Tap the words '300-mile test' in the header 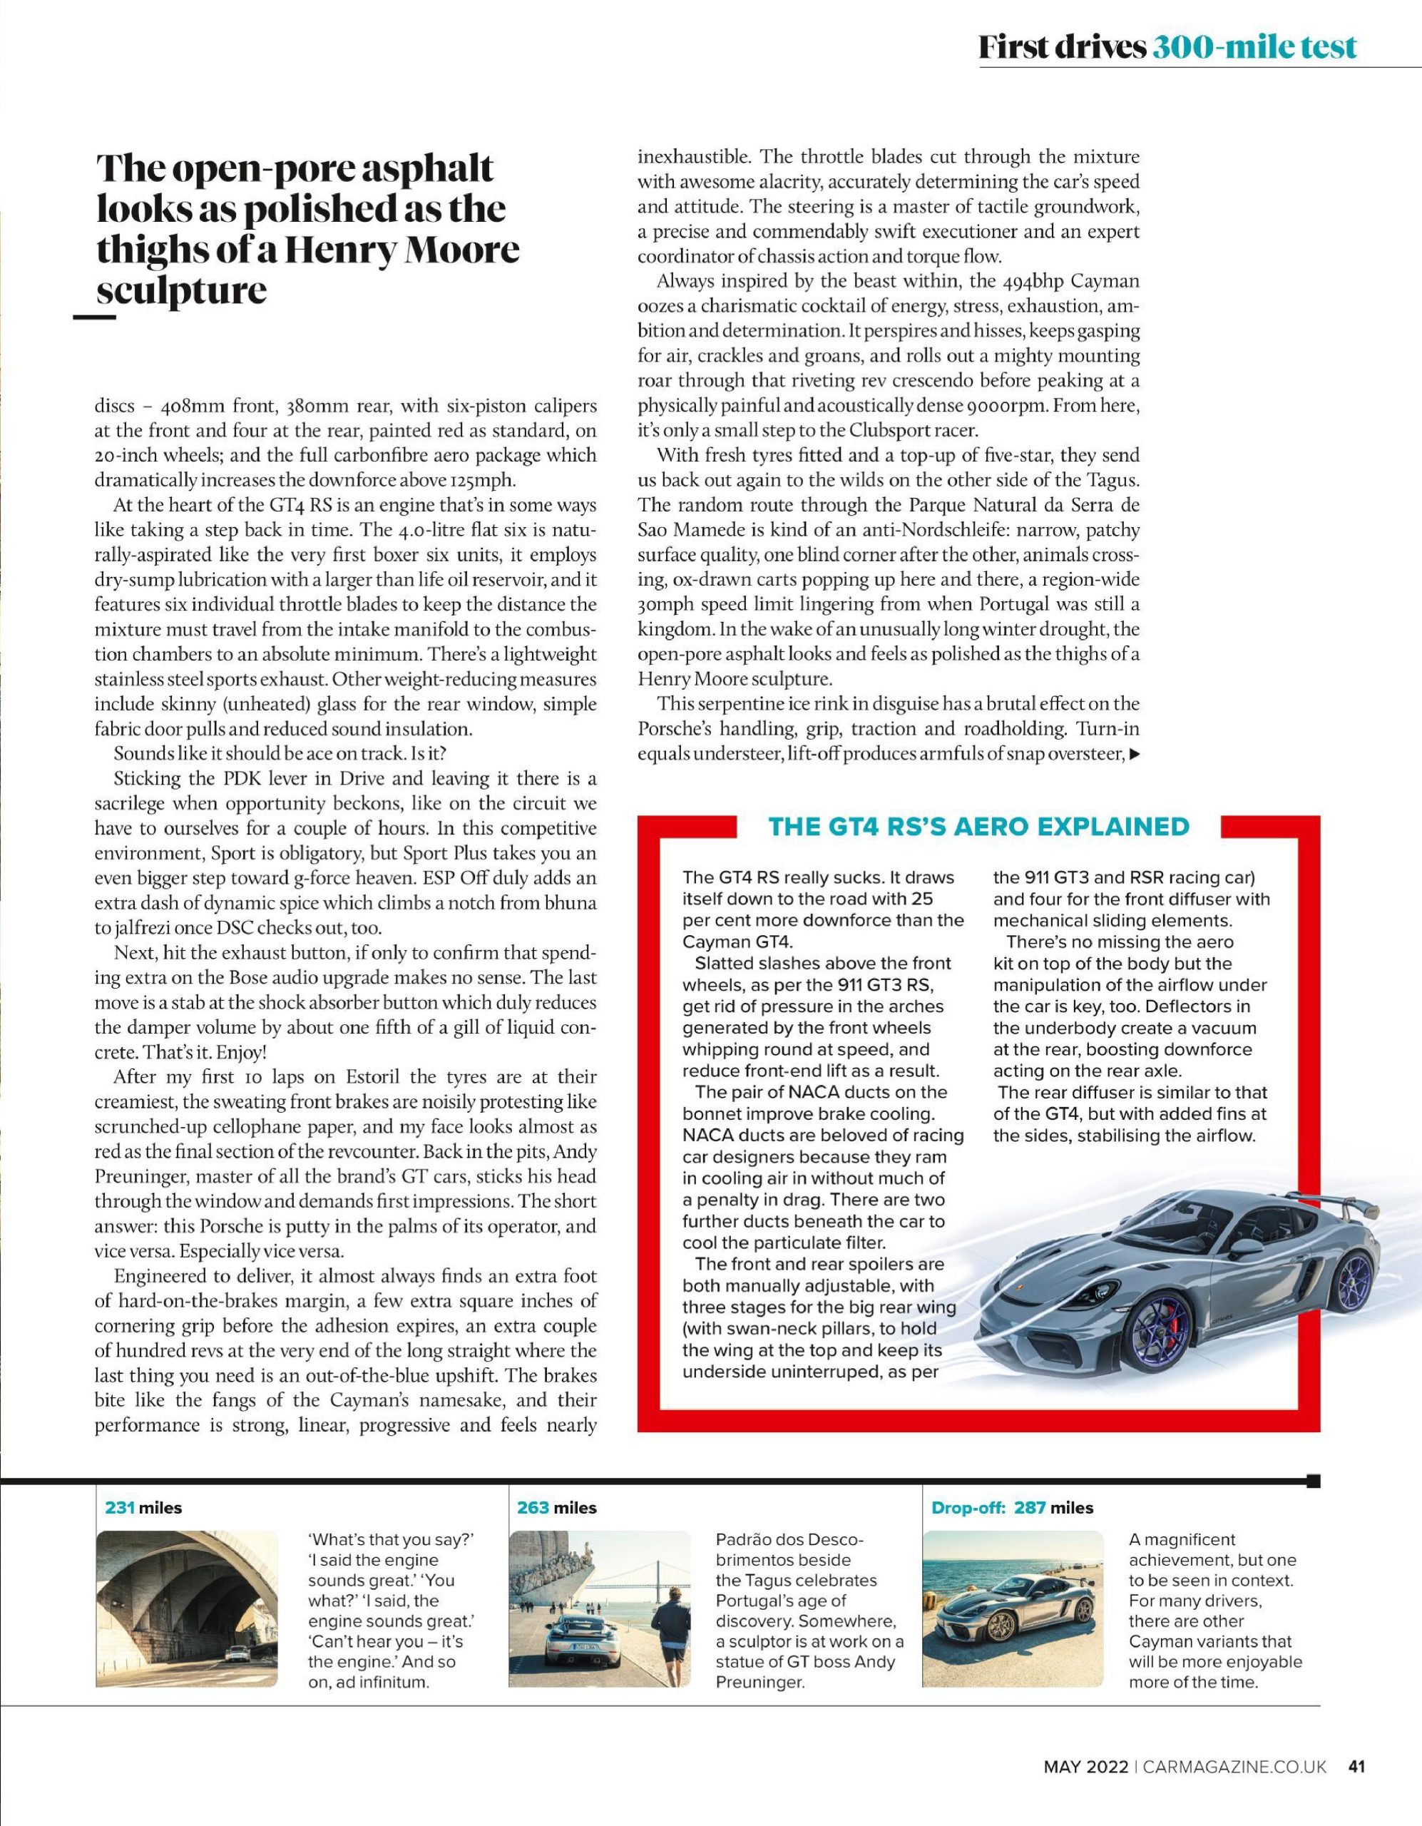pos(1254,48)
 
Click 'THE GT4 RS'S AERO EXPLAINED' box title pos(978,826)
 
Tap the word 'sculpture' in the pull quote pos(183,290)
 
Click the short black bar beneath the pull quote pos(94,317)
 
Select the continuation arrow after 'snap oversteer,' pos(1135,754)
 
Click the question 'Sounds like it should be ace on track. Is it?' pos(282,753)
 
